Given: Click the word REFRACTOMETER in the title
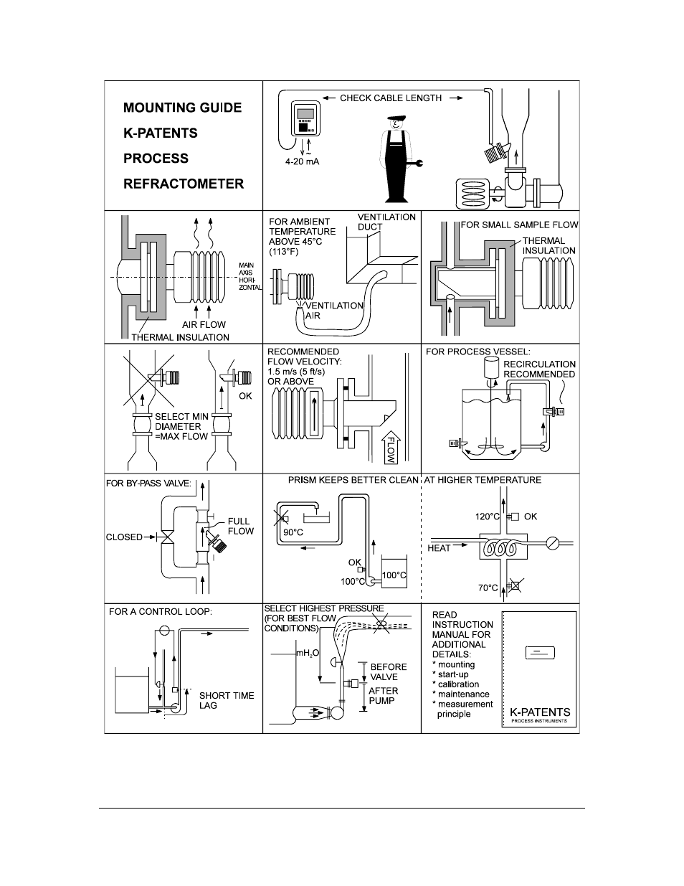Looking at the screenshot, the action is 184,184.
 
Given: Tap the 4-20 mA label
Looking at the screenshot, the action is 302,162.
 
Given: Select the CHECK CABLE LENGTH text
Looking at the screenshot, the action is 391,98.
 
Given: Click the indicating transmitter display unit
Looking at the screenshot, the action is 305,118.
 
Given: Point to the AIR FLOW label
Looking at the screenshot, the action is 204,324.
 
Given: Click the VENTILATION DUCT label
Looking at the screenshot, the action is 386,222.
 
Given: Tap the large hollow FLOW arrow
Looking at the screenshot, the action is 391,447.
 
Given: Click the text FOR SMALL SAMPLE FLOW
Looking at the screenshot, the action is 519,225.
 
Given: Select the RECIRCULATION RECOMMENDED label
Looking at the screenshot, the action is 539,369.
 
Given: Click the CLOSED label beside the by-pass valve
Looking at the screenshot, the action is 124,537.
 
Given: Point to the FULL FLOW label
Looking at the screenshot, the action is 240,526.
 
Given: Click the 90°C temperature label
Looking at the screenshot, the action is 293,532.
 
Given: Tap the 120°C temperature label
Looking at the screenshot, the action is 488,517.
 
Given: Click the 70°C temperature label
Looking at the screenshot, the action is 488,588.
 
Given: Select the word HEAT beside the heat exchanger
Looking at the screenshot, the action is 439,548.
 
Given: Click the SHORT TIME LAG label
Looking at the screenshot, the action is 227,700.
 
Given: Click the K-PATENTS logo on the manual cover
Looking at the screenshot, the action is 540,712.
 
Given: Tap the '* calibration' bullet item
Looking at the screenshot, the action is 455,684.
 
